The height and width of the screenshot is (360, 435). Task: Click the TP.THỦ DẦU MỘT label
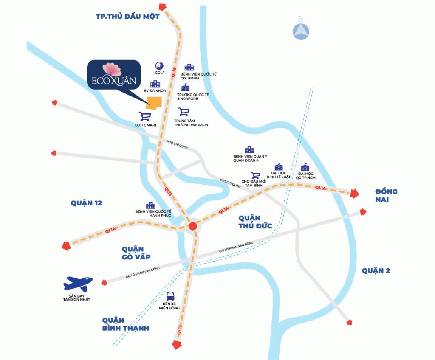(x=127, y=17)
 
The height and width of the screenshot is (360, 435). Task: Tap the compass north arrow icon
(x=300, y=31)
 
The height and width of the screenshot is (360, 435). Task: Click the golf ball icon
(x=159, y=65)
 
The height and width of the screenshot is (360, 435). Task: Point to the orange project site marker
(x=154, y=104)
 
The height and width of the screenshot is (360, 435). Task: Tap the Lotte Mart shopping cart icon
(x=145, y=116)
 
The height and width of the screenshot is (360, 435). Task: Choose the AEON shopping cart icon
(x=184, y=112)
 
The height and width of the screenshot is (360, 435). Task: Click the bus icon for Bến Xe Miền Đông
(x=171, y=296)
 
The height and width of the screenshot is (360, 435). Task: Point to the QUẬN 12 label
(x=87, y=203)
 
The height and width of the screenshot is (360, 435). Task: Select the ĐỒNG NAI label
(x=386, y=196)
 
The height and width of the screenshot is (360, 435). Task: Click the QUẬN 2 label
(x=376, y=271)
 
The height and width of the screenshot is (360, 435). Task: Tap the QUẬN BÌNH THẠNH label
(x=125, y=324)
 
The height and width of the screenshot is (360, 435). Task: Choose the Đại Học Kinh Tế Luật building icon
(x=279, y=166)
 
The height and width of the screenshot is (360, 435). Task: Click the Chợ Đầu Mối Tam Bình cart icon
(x=255, y=175)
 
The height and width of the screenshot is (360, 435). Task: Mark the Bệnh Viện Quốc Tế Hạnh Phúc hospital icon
(x=150, y=205)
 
